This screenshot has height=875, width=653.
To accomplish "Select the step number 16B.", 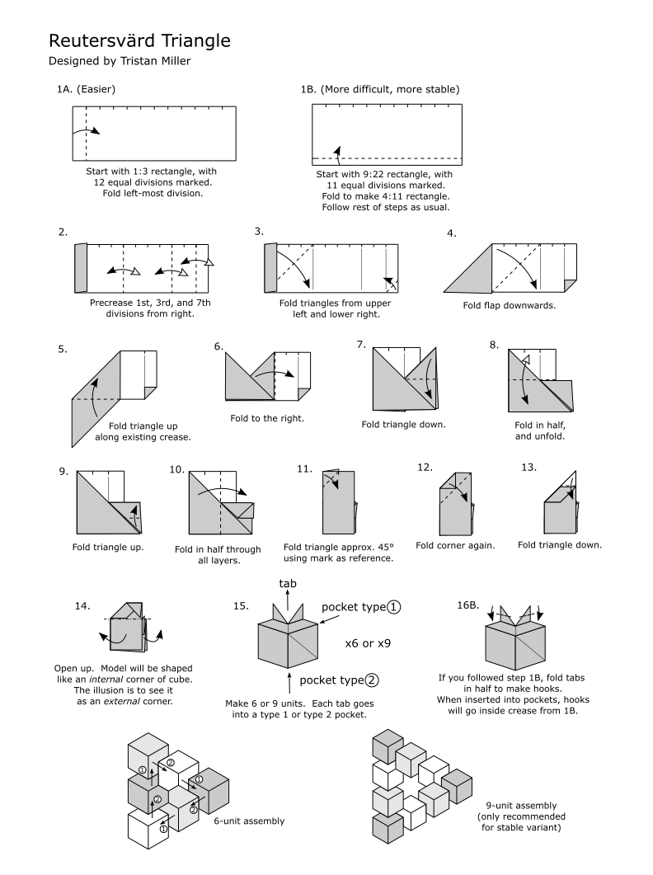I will [x=467, y=605].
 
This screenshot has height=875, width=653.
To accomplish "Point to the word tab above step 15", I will [x=288, y=583].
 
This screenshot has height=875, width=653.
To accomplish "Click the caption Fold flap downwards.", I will [x=510, y=304].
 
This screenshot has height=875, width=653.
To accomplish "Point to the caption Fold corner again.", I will [x=455, y=545].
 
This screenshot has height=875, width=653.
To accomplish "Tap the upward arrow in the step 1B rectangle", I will [x=336, y=150].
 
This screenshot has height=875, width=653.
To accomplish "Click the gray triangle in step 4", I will [x=469, y=275].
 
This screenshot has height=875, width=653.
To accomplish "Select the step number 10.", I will [x=176, y=469].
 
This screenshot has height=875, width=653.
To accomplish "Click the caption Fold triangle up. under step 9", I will [x=108, y=547].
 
